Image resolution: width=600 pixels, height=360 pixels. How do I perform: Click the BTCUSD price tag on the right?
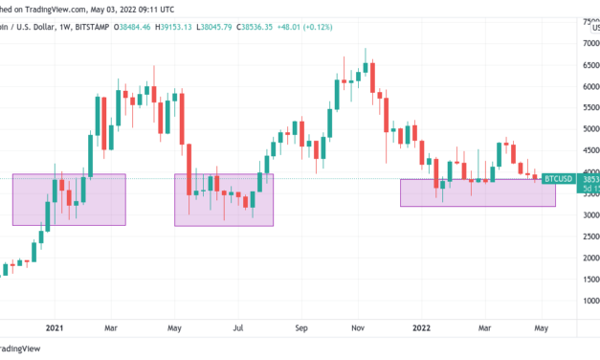(x=558, y=178)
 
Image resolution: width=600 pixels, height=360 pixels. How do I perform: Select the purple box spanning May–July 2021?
(x=224, y=199)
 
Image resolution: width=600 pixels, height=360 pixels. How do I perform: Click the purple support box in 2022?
(x=477, y=192)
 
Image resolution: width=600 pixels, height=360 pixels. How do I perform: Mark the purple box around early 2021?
(x=69, y=199)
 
